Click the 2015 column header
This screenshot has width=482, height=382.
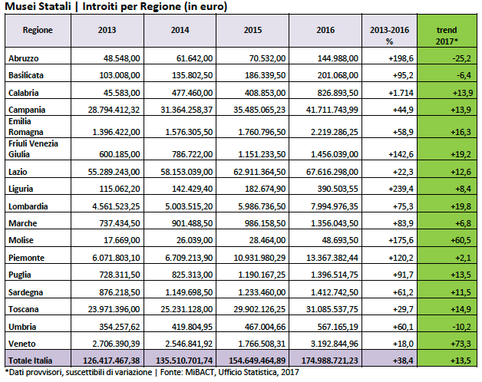[253, 30]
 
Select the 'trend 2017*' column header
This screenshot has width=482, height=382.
[447, 35]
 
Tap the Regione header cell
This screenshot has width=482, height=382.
[38, 30]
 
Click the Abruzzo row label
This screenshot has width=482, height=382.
[23, 58]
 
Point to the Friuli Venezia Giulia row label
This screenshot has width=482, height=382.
[33, 149]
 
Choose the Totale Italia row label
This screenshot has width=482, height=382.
[30, 361]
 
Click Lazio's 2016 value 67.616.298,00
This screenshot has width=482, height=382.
[332, 172]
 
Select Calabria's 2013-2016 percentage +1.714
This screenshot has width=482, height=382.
[401, 93]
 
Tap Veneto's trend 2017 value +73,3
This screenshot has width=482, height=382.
[461, 344]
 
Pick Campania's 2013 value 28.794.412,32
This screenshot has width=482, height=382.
[114, 110]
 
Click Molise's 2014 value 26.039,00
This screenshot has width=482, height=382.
[194, 240]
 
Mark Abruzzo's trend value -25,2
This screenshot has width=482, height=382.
[461, 58]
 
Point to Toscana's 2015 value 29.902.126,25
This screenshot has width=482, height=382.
[259, 309]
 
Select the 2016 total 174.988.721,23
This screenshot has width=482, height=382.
[329, 361]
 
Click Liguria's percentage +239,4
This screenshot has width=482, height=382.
[401, 189]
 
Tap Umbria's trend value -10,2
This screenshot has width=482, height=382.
[461, 327]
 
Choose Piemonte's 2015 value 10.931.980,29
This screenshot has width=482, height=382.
[259, 258]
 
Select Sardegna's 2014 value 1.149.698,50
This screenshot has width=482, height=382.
[189, 292]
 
